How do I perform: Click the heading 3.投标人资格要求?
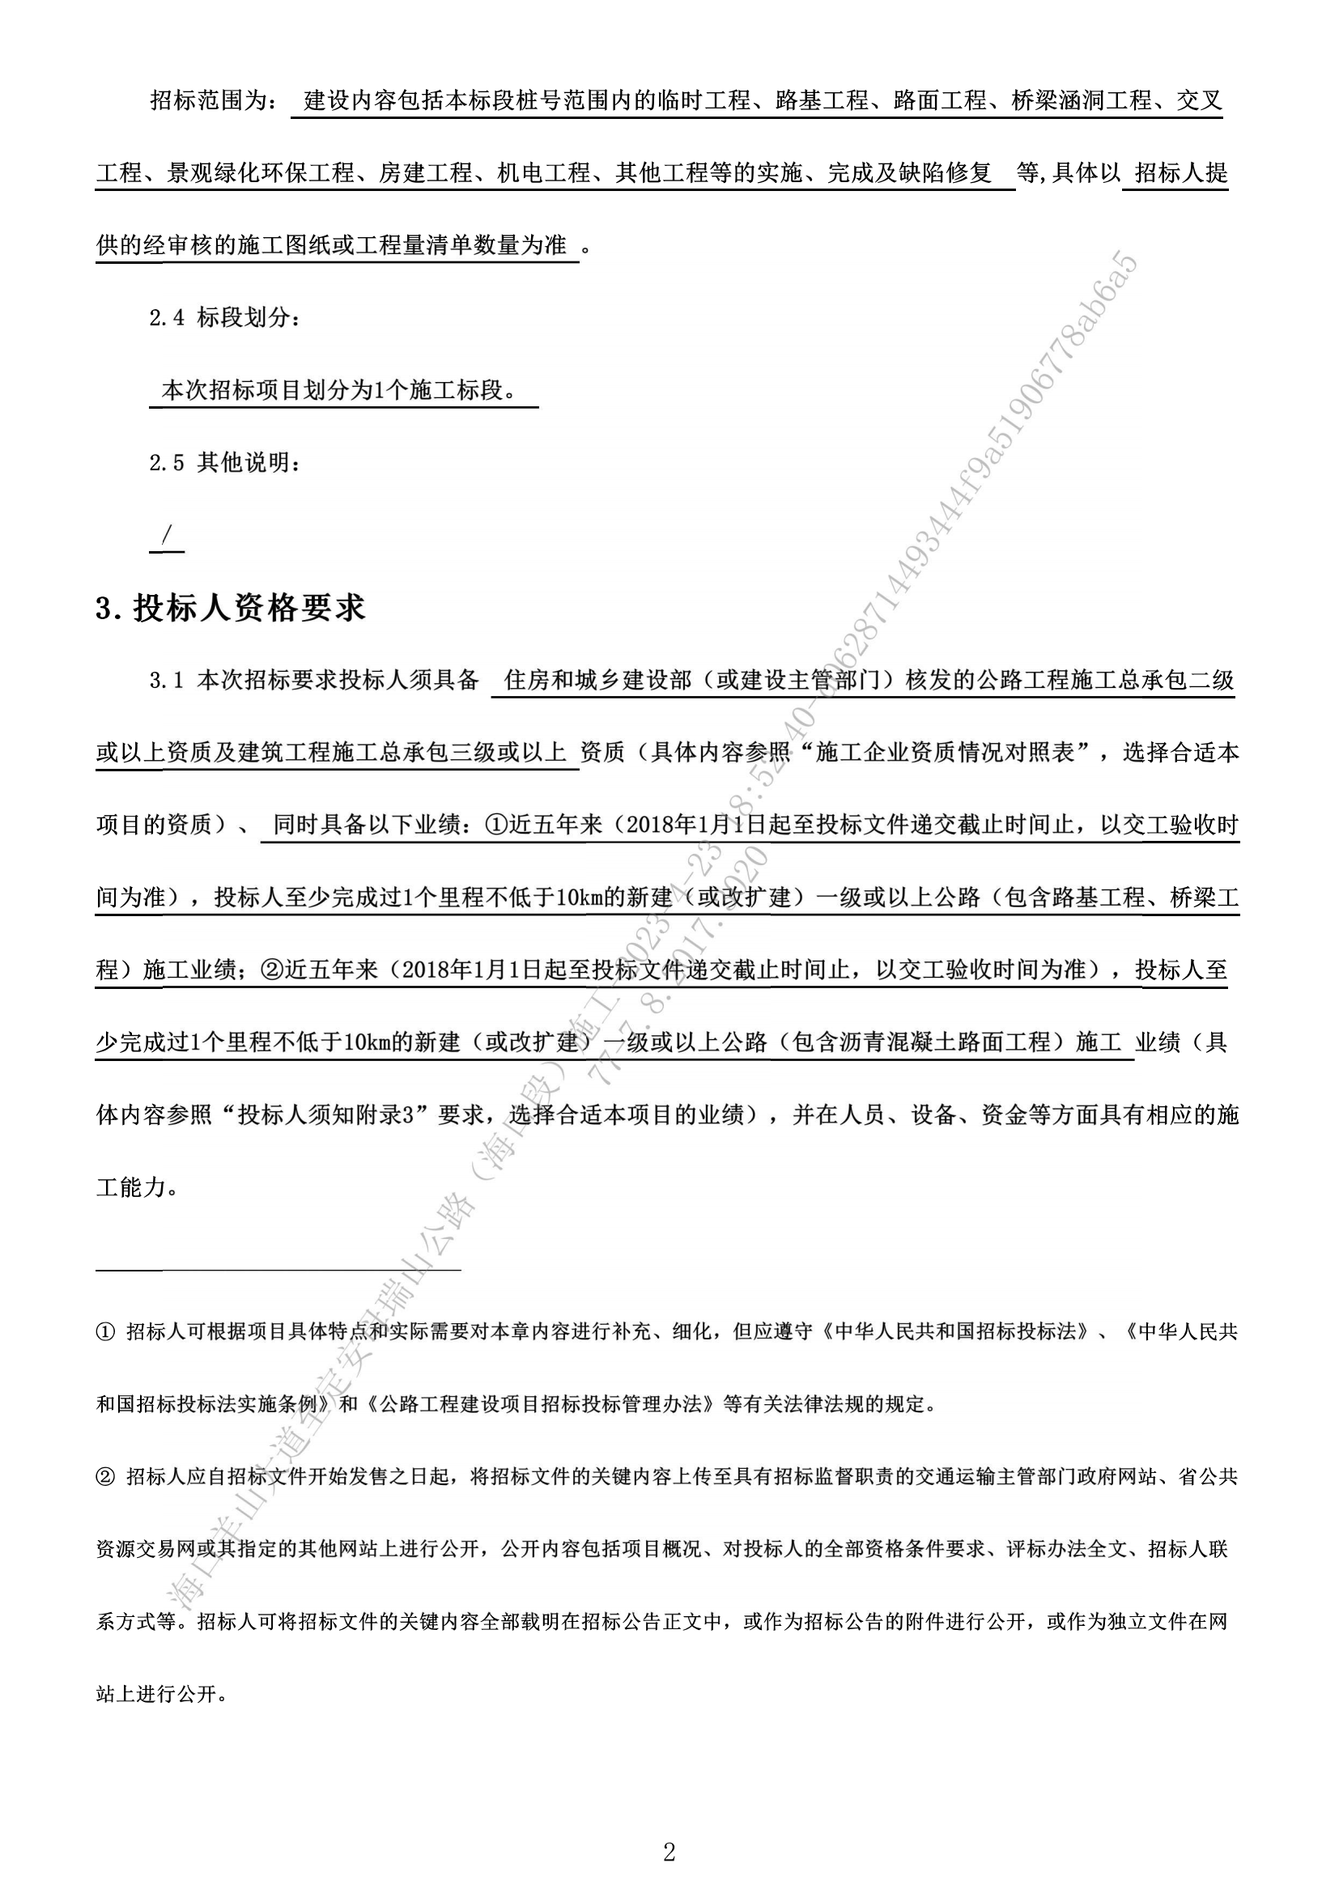230,609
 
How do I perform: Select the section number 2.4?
167,317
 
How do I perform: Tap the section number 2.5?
167,463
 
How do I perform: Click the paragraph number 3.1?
166,680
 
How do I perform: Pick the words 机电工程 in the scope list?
544,173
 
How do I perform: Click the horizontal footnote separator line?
278,1270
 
